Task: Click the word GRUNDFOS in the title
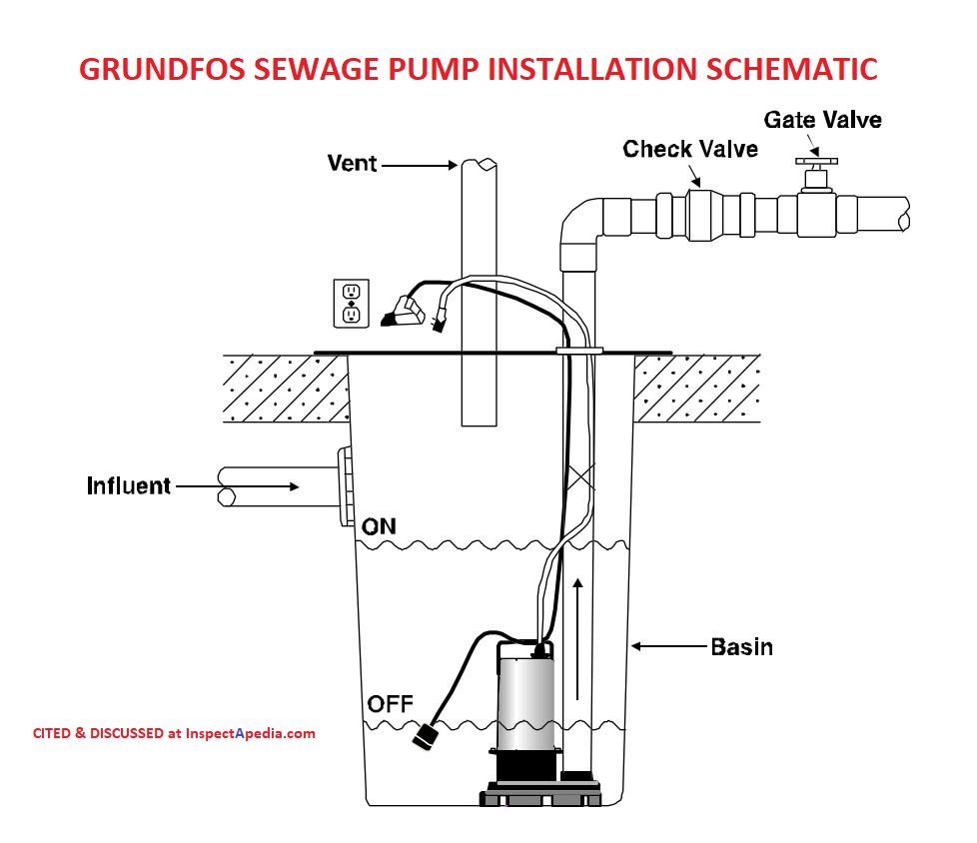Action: tap(162, 69)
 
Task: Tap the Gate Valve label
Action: tap(822, 120)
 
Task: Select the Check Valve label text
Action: tap(690, 149)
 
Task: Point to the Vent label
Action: tap(352, 163)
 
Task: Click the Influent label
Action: tap(128, 486)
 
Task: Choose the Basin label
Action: tap(741, 647)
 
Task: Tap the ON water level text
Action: tap(379, 527)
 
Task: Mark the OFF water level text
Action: tap(390, 705)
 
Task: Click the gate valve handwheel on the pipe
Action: tap(816, 162)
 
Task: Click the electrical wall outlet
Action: tap(352, 304)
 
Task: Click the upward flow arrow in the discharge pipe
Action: tap(577, 639)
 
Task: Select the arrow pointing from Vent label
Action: tap(420, 165)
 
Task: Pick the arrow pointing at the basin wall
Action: tap(670, 647)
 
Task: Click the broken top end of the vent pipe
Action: tap(480, 164)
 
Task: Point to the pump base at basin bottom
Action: tap(540, 795)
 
